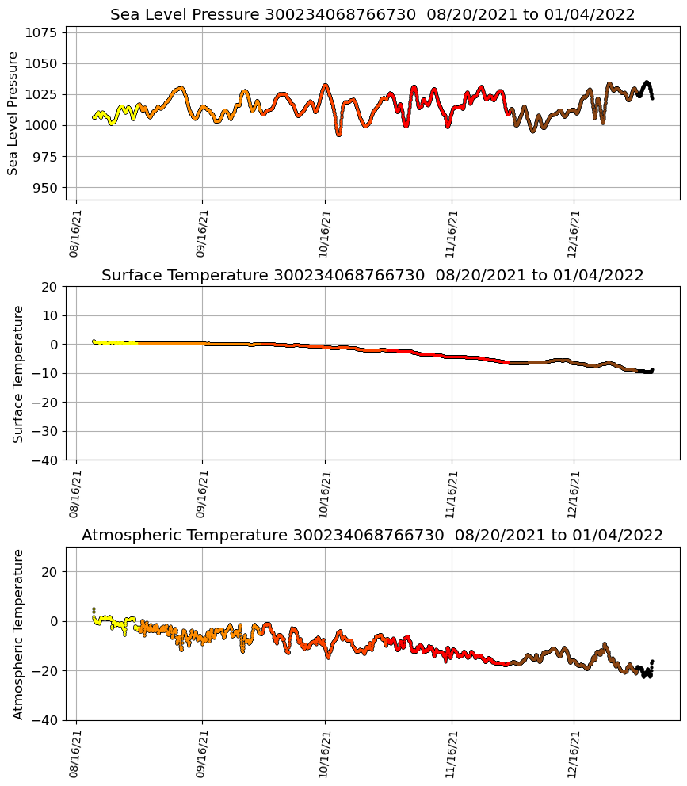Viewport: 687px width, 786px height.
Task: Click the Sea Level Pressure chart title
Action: tap(372, 15)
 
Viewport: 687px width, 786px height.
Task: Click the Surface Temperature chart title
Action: tap(372, 276)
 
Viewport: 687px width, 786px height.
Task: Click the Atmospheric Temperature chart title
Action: tap(372, 536)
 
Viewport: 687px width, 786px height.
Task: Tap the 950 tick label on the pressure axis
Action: tap(47, 188)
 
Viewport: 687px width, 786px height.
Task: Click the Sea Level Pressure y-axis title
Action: tap(13, 113)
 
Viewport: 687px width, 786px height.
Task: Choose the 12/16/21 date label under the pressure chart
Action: tap(574, 234)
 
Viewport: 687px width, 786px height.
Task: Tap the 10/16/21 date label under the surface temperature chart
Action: tap(324, 494)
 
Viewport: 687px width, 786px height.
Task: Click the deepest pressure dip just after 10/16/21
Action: tap(338, 134)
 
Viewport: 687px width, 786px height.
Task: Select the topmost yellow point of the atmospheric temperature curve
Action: tap(94, 609)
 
